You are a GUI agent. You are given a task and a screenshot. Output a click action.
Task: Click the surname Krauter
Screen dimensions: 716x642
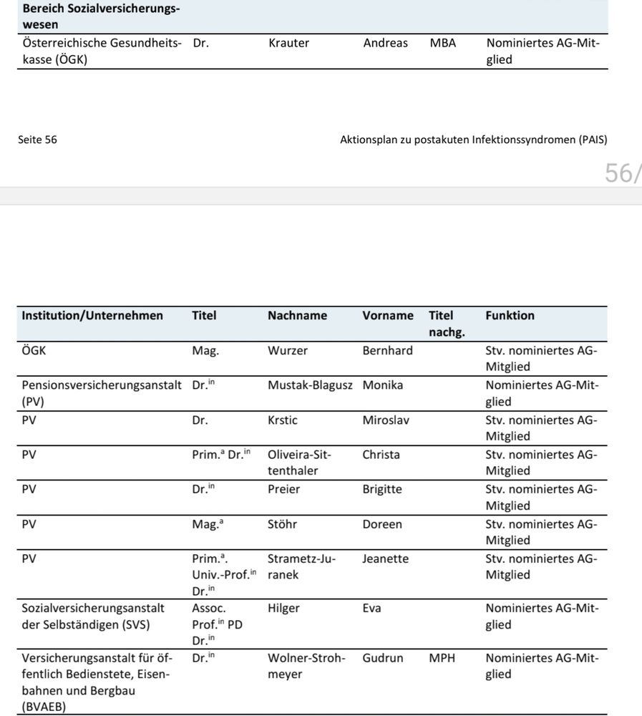coord(288,43)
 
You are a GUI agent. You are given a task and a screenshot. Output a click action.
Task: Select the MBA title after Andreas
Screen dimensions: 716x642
coord(443,43)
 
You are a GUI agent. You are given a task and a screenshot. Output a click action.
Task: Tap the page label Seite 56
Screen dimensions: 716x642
coord(37,140)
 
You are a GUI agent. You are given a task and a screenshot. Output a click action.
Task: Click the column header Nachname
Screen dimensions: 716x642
coord(297,316)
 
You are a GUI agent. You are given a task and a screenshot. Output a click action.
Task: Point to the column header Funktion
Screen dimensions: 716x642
coord(510,316)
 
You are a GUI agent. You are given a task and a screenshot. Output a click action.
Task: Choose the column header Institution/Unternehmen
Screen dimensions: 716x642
coord(92,316)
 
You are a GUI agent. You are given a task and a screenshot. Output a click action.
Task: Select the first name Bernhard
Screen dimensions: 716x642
coord(387,351)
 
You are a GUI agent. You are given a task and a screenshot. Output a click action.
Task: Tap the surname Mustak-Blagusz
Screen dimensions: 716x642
coord(310,385)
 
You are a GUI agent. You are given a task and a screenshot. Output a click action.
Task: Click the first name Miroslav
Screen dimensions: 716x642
coord(386,420)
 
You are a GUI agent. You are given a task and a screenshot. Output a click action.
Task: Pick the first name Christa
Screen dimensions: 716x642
coord(381,455)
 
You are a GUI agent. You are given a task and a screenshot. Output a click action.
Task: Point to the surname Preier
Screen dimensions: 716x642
coord(283,490)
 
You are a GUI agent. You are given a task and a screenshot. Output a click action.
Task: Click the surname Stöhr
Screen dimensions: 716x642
coord(282,524)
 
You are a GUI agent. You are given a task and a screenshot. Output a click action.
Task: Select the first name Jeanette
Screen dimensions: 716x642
coord(385,558)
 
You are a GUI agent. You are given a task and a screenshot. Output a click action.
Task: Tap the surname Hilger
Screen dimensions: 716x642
coord(283,609)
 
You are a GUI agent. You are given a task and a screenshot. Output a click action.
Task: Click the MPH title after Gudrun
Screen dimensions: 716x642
coord(442,658)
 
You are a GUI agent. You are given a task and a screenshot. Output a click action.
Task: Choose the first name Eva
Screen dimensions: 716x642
coord(371,609)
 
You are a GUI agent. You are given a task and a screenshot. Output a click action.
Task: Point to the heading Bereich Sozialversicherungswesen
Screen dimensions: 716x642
coord(100,16)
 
